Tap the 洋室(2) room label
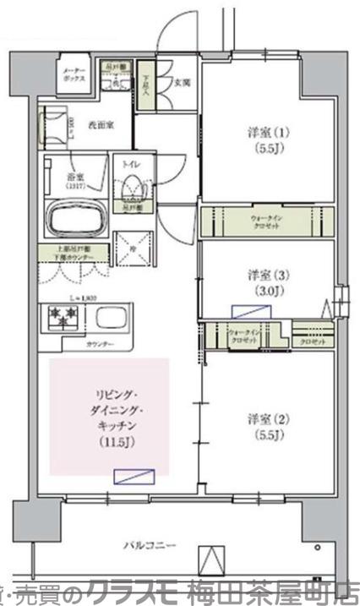263,427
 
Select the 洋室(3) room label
263,283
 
